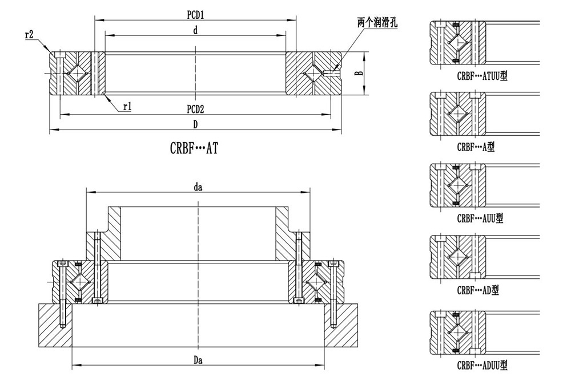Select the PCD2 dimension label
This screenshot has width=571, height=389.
pyautogui.click(x=195, y=109)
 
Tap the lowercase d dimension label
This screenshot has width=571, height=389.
pyautogui.click(x=195, y=32)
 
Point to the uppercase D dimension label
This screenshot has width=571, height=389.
pyautogui.click(x=195, y=124)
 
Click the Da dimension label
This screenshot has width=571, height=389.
pyautogui.click(x=199, y=360)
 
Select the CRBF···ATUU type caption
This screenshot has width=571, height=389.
pyautogui.click(x=482, y=76)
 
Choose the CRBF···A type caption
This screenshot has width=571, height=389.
pyautogui.click(x=476, y=147)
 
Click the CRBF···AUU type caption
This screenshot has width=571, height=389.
pyautogui.click(x=480, y=218)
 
